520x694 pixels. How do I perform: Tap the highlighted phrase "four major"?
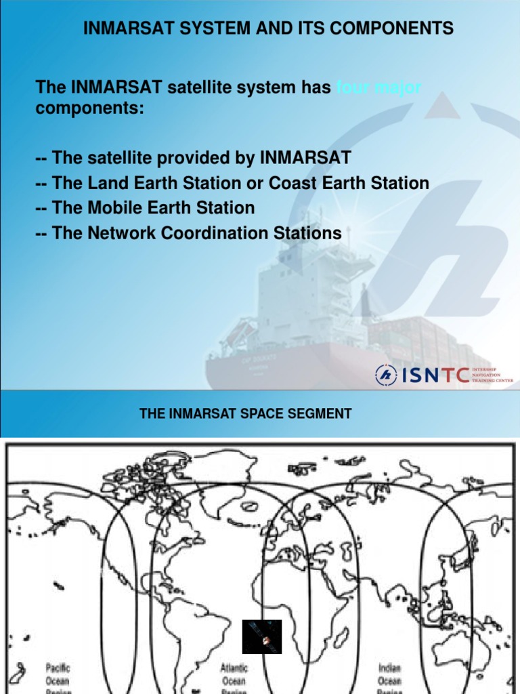coord(379,87)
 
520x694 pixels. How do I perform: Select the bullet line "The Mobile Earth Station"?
coord(146,207)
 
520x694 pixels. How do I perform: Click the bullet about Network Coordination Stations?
coord(189,233)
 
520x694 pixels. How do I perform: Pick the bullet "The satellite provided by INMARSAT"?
coord(194,158)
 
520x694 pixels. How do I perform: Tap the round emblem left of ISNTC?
coord(387,374)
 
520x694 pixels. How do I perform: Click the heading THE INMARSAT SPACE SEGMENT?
coord(245,413)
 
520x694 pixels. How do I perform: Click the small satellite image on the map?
coord(262,636)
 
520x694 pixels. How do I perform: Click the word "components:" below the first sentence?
coord(89,108)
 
